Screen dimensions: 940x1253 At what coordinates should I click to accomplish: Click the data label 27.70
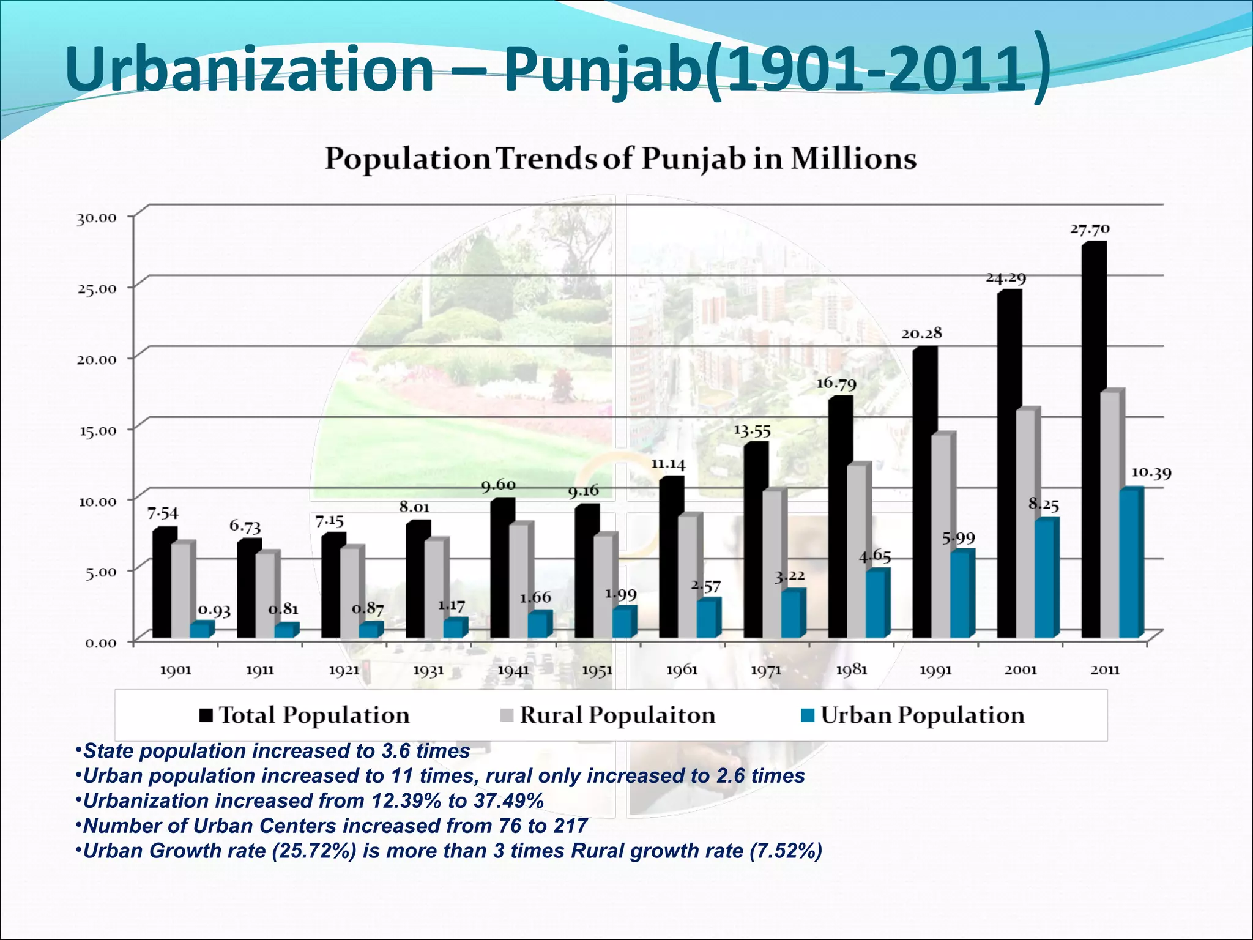(1089, 229)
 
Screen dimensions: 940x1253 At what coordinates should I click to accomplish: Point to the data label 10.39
(1151, 474)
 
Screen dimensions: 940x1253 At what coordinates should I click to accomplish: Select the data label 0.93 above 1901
(215, 610)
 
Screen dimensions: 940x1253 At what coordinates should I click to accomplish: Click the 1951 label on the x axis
(597, 671)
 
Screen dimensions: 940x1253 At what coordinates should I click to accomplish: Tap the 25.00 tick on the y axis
(96, 288)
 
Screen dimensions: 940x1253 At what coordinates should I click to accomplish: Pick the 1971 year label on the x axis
(766, 671)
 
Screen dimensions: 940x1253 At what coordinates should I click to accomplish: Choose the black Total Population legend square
(206, 715)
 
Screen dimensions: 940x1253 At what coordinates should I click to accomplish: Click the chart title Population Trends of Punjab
(620, 159)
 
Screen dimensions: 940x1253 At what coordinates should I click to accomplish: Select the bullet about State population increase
(275, 751)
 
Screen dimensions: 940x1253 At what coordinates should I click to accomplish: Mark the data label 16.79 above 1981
(836, 384)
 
